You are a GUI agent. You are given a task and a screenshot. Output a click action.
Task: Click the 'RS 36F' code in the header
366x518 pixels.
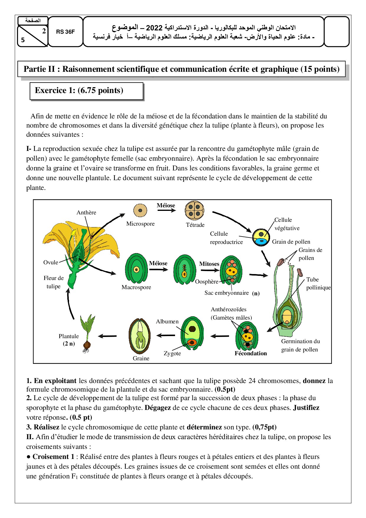pyautogui.click(x=65, y=32)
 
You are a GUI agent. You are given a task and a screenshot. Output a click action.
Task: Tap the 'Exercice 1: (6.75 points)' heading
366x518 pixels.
pyautogui.click(x=79, y=90)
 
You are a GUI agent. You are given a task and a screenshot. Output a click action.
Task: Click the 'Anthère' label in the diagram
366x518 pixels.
pyautogui.click(x=86, y=212)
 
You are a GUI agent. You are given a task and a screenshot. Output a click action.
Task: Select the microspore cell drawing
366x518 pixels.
pyautogui.click(x=140, y=211)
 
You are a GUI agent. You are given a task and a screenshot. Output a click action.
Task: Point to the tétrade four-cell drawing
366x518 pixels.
pyautogui.click(x=195, y=210)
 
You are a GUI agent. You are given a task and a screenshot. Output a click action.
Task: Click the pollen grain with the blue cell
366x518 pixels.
pyautogui.click(x=261, y=237)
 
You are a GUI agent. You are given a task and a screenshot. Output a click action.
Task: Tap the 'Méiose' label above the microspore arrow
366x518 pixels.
pyautogui.click(x=166, y=205)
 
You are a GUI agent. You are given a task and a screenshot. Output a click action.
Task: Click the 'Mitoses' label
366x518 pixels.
pyautogui.click(x=209, y=264)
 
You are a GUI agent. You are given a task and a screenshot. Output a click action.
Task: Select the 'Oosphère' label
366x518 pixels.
pyautogui.click(x=207, y=282)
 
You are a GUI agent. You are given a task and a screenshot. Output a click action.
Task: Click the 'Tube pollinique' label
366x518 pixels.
pyautogui.click(x=318, y=284)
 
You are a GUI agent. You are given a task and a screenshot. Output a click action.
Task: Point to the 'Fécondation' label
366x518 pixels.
pyautogui.click(x=251, y=353)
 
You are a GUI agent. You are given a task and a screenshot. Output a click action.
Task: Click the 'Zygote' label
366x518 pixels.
pyautogui.click(x=172, y=353)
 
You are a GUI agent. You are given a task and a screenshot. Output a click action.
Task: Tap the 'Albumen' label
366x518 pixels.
pyautogui.click(x=167, y=321)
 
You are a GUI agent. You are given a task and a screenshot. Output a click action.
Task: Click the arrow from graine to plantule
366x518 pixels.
pyautogui.click(x=107, y=336)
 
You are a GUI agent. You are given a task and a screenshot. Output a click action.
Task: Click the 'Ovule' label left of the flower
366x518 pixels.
pyautogui.click(x=51, y=262)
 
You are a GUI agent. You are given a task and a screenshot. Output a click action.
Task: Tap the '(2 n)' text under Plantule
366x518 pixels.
pyautogui.click(x=69, y=343)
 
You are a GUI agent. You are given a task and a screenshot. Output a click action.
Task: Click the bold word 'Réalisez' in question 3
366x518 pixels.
pyautogui.click(x=46, y=427)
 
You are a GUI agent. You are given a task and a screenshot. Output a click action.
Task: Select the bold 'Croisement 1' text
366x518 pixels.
pyautogui.click(x=53, y=457)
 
